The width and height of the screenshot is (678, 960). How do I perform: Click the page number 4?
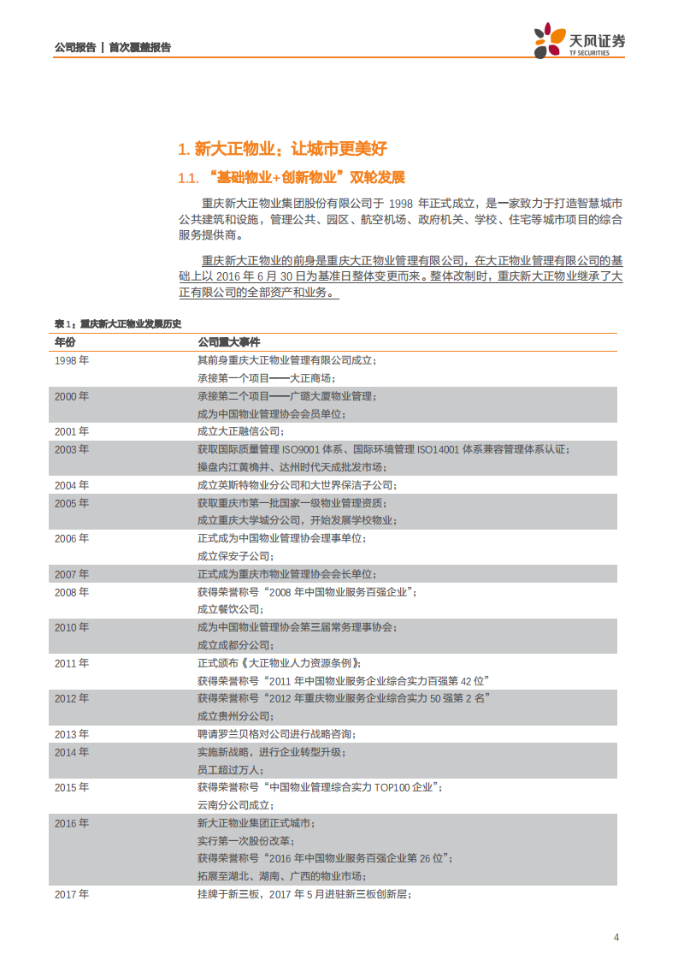pos(616,937)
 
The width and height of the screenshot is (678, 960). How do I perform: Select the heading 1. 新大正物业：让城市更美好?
pos(282,149)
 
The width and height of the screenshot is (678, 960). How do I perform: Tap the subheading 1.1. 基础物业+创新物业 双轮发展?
pos(291,178)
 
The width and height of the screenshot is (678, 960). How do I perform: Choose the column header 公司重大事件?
pos(223,341)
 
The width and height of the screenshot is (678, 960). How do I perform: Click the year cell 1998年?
pos(72,360)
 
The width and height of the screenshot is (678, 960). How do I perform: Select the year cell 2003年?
pos(72,449)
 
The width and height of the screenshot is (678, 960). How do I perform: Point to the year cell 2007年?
pos(72,574)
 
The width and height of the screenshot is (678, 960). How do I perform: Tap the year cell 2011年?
pos(72,663)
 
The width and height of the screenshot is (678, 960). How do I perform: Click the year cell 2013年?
pos(72,734)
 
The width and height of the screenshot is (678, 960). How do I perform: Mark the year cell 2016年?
pos(72,823)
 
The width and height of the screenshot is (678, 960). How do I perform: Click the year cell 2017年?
pos(72,894)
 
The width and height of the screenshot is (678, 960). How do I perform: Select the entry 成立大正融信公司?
pos(240,431)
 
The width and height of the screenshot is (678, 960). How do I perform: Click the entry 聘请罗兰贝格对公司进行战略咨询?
pos(276,734)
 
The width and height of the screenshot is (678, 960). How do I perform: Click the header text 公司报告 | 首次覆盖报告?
pos(112,47)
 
